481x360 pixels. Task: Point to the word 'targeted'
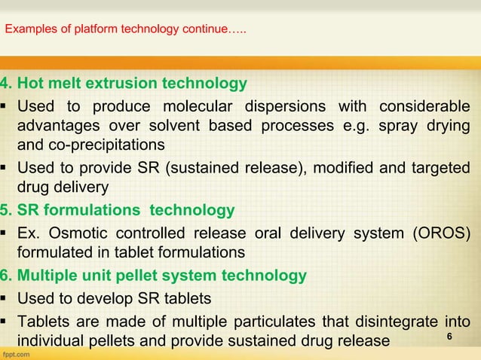443,167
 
